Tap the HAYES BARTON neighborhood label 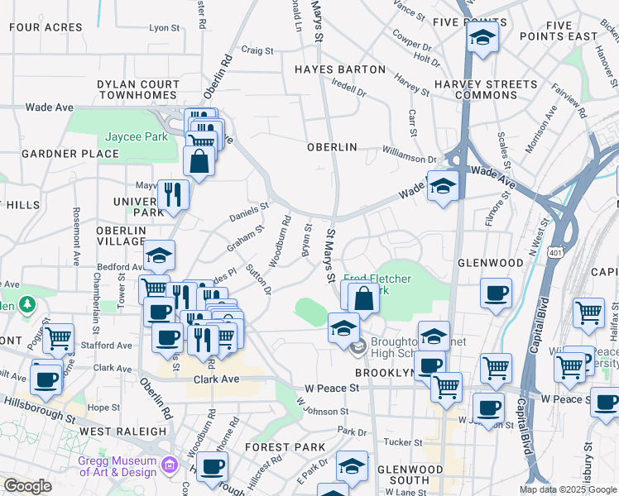point(340,69)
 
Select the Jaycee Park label point(133,137)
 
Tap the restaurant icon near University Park point(173,194)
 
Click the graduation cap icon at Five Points point(482,37)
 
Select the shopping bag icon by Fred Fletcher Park point(363,298)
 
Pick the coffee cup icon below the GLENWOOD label point(496,293)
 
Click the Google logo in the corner point(27,486)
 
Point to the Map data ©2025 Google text point(568,489)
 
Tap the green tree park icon point(27,304)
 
